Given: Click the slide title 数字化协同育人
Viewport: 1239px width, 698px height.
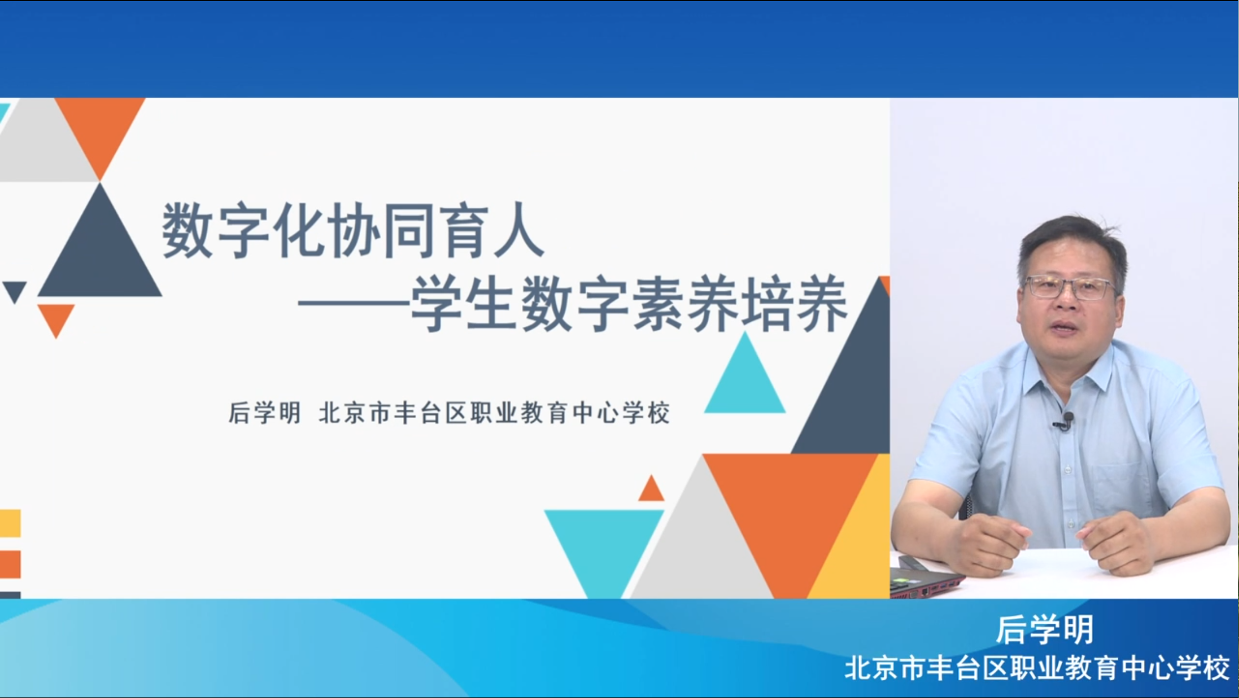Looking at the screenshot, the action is click(353, 230).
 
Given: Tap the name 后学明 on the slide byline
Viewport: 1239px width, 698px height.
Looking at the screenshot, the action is click(264, 413).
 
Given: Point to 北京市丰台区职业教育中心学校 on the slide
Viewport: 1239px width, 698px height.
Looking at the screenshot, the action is click(494, 413).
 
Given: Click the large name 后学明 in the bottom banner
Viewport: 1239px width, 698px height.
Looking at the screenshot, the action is click(1045, 630).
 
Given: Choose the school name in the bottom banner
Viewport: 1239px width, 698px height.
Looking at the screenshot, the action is click(1037, 668).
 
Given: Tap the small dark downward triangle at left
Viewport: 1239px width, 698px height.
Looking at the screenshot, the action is click(15, 290).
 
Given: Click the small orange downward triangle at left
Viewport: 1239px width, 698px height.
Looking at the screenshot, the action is click(56, 317).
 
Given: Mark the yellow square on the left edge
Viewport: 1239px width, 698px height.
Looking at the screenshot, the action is click(10, 523).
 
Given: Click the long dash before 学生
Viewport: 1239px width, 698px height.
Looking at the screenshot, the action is click(354, 305).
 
